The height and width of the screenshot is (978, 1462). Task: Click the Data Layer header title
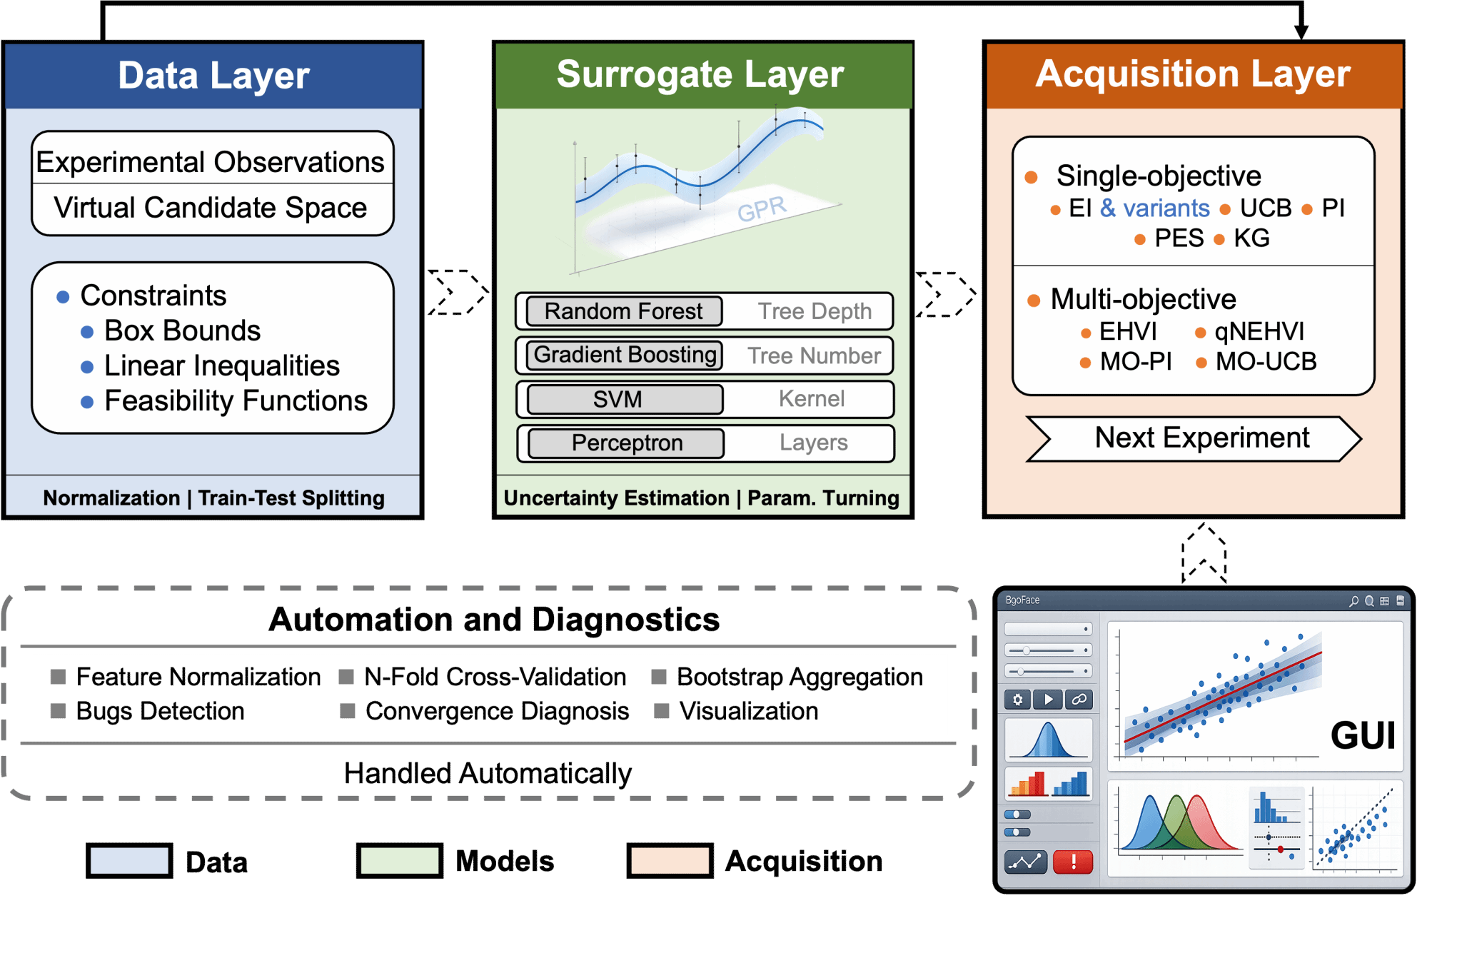(213, 76)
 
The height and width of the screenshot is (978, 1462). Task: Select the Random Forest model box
(624, 311)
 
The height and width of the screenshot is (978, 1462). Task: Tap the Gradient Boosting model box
(625, 355)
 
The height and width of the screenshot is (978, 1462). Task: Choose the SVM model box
(625, 399)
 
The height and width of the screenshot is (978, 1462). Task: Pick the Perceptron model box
(626, 443)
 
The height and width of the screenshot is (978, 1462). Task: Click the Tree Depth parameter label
(815, 311)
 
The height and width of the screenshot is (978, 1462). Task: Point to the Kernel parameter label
(812, 398)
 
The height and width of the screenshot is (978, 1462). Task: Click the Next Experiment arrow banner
(1194, 438)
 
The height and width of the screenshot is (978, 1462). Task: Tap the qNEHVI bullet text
(1259, 331)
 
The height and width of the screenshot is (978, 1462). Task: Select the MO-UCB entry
(1266, 361)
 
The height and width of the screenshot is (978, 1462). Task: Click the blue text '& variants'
(1155, 208)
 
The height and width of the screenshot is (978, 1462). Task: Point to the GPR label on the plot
(762, 209)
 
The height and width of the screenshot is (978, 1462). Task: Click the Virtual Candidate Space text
(211, 208)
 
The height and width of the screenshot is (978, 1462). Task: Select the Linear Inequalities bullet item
(222, 366)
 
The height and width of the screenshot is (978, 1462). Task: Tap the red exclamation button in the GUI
(1073, 862)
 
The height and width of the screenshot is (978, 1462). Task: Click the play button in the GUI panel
(1048, 700)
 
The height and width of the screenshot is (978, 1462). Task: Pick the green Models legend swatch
(400, 860)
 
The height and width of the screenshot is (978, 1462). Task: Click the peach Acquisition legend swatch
(670, 860)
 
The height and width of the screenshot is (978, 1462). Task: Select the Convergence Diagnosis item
(497, 711)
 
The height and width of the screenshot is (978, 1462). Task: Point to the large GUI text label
(1363, 735)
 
